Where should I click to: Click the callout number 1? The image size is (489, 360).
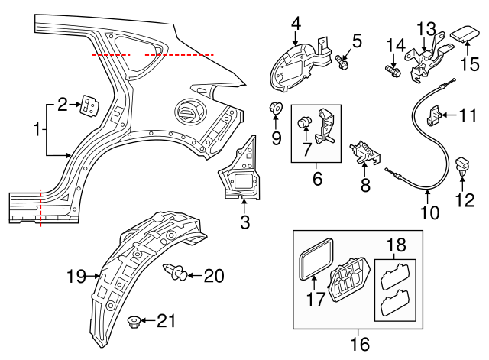[x=36, y=131]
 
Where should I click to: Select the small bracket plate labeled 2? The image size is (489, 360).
[x=90, y=109]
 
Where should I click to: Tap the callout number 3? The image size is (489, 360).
[x=244, y=222]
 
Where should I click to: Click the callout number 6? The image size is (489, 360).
[x=316, y=180]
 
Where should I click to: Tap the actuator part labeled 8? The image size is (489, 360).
[x=364, y=152]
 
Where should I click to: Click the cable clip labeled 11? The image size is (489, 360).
[x=435, y=116]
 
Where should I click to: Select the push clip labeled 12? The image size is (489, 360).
[x=462, y=166]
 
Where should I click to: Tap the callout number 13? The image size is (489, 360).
[x=425, y=28]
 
